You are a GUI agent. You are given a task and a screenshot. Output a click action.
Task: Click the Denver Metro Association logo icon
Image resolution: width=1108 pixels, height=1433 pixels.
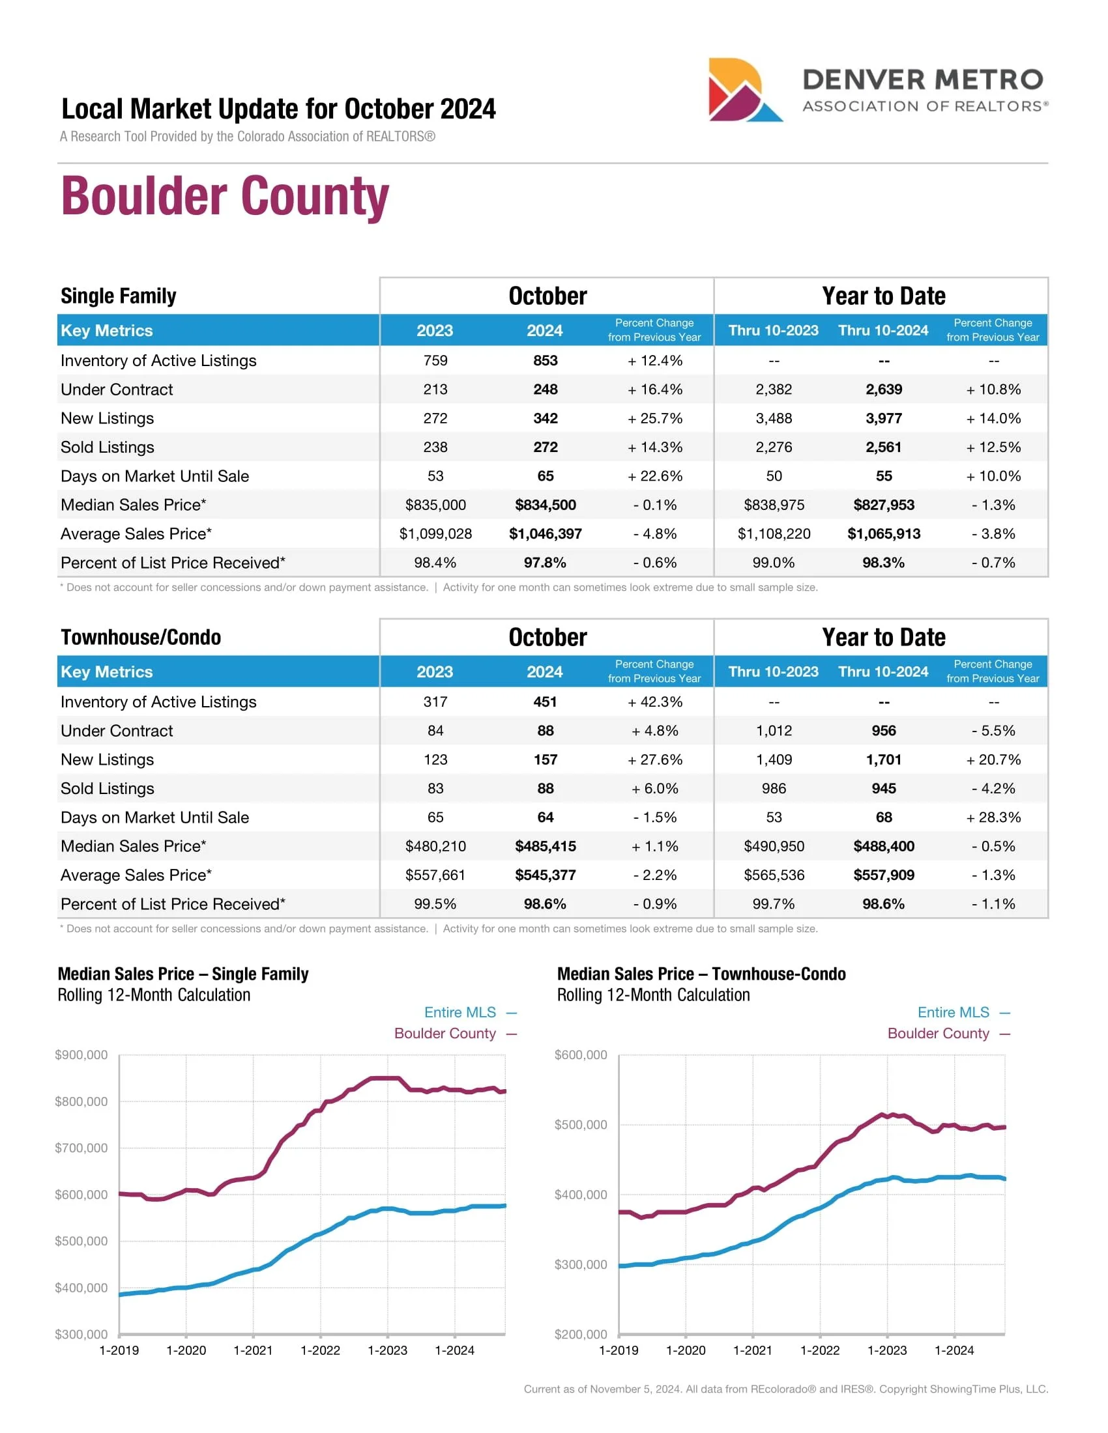[744, 90]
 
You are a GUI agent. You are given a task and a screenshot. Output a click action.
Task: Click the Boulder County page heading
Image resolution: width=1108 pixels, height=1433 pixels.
[225, 195]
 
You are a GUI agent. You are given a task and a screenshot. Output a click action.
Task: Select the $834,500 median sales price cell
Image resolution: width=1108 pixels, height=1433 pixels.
[545, 505]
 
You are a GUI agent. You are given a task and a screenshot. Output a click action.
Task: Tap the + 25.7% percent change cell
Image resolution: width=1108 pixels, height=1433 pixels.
[654, 419]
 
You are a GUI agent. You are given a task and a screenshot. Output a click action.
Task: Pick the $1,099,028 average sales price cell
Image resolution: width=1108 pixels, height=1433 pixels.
[435, 534]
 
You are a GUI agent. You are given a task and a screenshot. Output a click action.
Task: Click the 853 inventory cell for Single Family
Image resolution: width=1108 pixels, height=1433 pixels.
[545, 361]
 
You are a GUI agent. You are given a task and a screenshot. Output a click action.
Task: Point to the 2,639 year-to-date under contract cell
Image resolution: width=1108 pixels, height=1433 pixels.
[884, 390]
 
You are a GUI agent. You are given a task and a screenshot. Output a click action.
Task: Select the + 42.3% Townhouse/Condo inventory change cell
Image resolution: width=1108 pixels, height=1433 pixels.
[654, 702]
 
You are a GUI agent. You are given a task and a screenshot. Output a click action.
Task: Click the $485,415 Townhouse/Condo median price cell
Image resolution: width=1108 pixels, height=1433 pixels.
[545, 846]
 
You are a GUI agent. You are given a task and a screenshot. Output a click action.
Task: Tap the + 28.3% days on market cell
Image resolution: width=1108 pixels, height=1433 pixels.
[993, 817]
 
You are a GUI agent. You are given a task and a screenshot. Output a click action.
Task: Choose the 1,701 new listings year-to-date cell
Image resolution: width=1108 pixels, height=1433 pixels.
[884, 759]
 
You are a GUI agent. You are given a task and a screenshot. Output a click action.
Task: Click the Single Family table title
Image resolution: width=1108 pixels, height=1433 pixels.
[118, 296]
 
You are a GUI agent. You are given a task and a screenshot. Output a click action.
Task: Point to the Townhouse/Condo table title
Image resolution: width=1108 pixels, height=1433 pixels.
[141, 637]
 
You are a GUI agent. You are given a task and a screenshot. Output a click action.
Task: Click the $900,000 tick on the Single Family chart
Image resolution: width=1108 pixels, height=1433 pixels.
[81, 1055]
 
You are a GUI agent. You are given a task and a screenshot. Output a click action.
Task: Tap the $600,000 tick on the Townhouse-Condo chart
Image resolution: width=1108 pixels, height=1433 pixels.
[581, 1055]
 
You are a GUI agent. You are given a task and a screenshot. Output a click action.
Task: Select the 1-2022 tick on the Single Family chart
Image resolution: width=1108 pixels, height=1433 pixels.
[320, 1350]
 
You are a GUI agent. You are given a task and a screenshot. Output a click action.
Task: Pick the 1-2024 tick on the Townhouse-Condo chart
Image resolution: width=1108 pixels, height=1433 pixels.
[954, 1350]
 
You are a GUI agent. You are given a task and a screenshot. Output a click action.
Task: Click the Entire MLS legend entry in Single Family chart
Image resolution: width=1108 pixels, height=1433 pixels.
[461, 1012]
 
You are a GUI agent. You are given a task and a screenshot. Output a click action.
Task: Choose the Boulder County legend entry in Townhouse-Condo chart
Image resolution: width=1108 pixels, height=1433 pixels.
[938, 1034]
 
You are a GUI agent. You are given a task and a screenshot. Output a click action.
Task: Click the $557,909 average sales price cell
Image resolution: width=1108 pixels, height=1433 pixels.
[884, 875]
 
